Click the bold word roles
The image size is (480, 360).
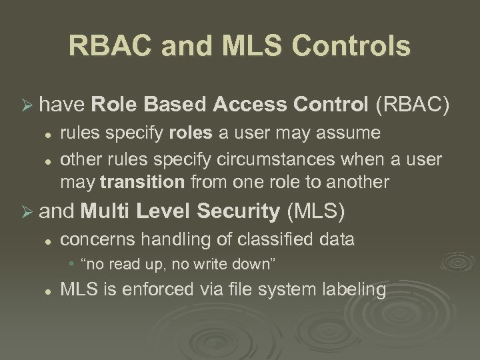click(x=191, y=133)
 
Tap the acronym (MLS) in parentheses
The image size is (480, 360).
click(x=315, y=213)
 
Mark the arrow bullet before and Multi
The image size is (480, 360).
click(x=28, y=214)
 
